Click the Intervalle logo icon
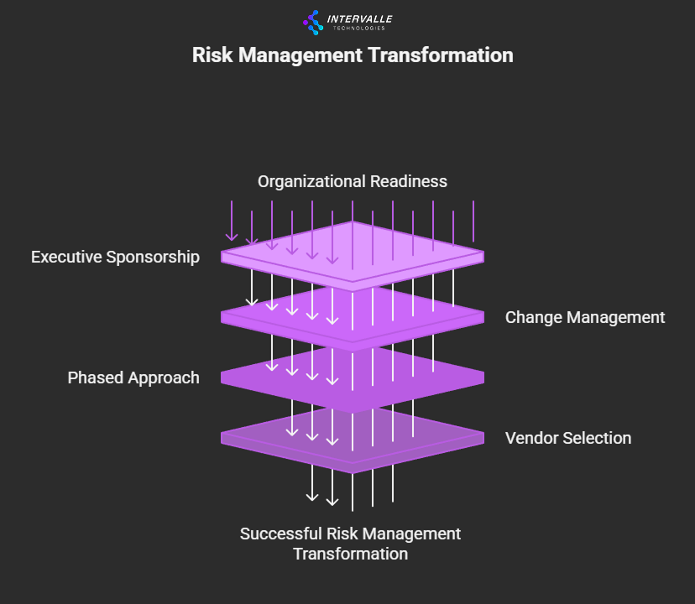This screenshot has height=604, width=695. point(313,22)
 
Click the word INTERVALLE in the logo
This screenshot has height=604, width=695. point(359,18)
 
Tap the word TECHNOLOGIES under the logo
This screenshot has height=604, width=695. point(358,29)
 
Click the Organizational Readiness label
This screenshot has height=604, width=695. point(353,181)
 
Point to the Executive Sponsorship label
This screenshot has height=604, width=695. point(115,257)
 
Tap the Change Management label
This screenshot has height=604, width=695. point(585,317)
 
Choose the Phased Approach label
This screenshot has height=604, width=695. point(133,377)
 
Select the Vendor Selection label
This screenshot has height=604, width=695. point(568,438)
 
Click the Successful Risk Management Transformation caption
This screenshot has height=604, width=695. point(351,544)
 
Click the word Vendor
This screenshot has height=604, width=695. point(530,438)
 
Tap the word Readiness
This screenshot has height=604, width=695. point(410,181)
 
